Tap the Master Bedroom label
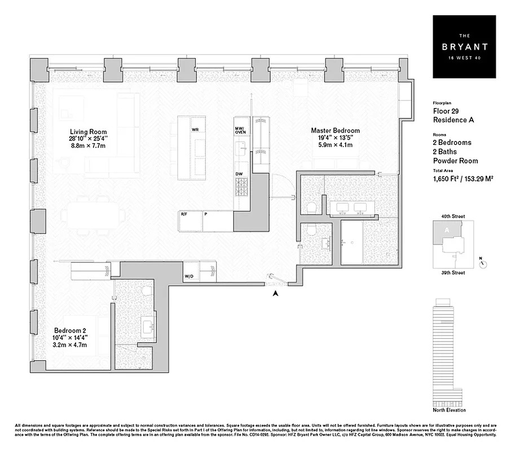click(x=335, y=131)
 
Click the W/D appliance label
click(x=188, y=277)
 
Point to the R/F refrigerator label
click(x=184, y=214)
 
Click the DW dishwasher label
click(x=239, y=174)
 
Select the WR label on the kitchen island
click(x=195, y=130)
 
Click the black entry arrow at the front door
click(x=275, y=293)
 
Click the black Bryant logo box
click(x=464, y=46)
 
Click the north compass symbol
click(x=483, y=263)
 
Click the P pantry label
click(x=206, y=214)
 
